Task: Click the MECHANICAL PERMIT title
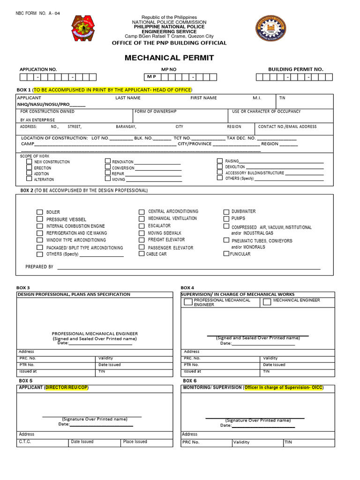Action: coord(169,58)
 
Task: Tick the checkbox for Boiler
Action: coord(40,212)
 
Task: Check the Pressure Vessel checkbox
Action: coord(40,219)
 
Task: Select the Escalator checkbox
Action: coord(142,226)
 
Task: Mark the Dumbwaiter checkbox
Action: coord(226,211)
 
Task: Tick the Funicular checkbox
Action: coord(226,254)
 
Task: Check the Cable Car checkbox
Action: coord(142,254)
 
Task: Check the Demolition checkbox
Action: coord(219,166)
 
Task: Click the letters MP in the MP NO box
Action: coord(151,76)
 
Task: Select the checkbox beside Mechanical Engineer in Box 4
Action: coord(267,302)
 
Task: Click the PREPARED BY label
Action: coord(39,267)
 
